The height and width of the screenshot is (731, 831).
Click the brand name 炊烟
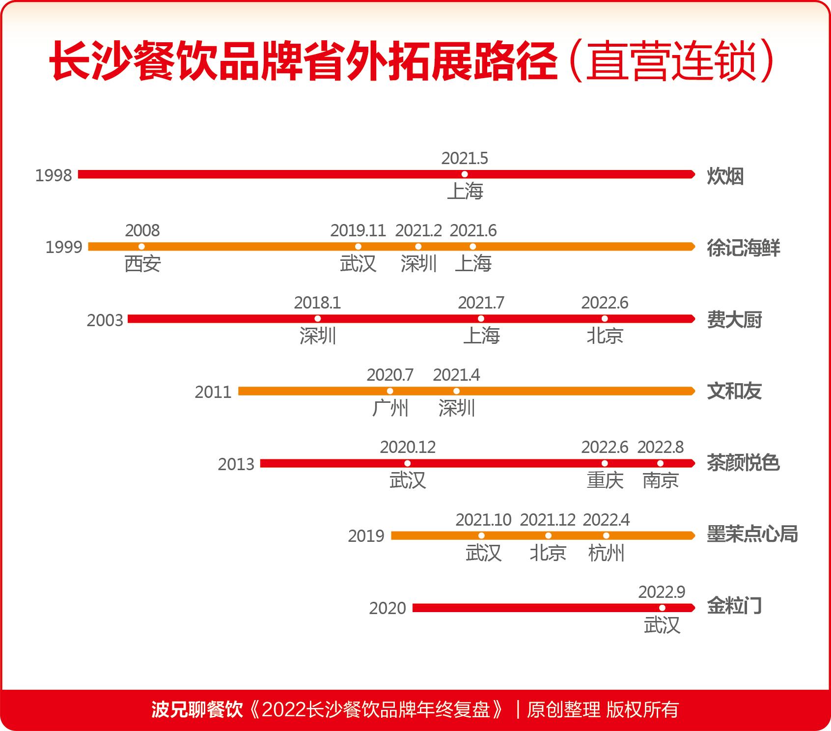[x=725, y=176]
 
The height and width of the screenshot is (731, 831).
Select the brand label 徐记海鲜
[x=743, y=248]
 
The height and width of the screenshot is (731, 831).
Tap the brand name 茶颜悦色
[x=743, y=463]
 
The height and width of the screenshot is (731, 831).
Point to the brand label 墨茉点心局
[x=752, y=534]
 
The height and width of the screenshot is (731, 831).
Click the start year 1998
[x=54, y=175]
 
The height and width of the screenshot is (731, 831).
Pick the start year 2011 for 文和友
[x=213, y=392]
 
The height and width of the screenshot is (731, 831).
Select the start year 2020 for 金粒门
[x=388, y=608]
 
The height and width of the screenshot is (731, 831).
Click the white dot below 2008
[x=142, y=247]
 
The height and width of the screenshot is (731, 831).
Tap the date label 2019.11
[x=358, y=230]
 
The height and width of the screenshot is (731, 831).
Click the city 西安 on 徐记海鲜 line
[x=142, y=264]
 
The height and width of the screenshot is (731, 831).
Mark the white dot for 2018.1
[x=318, y=319]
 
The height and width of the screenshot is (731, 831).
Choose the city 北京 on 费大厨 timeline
[x=605, y=336]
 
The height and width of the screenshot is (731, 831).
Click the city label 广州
[x=390, y=408]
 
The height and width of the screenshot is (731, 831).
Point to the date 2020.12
[x=408, y=447]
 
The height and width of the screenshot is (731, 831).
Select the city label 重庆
[x=605, y=480]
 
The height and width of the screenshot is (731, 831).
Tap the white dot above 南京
[x=661, y=463]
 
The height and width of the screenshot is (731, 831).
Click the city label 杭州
[x=606, y=553]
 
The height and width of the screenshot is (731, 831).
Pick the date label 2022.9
[x=662, y=592]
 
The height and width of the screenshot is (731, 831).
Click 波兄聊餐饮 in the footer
[x=197, y=709]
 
